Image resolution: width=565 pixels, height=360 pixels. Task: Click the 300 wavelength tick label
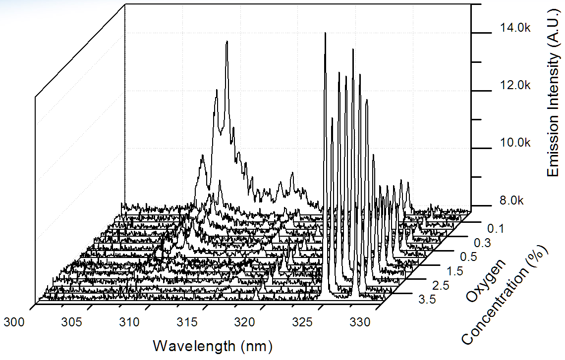(14, 322)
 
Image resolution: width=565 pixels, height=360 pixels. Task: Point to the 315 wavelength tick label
(186, 322)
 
